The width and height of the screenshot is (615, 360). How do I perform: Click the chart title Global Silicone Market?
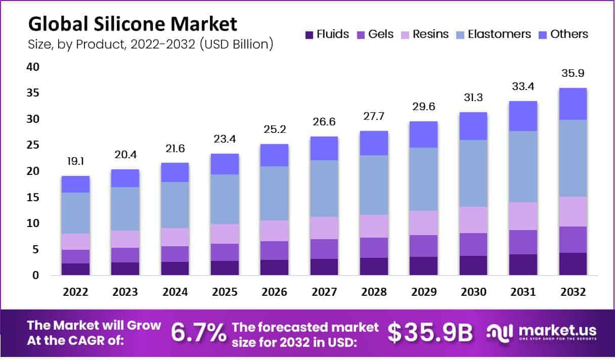click(x=132, y=24)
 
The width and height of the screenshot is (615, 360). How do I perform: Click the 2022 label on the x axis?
click(x=76, y=293)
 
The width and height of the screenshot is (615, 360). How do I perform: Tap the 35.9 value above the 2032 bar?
click(x=573, y=73)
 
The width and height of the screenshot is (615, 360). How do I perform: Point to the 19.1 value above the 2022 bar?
click(x=76, y=162)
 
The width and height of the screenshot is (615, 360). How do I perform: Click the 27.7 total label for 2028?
click(x=374, y=116)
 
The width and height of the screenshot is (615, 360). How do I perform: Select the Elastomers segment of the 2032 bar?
click(x=573, y=158)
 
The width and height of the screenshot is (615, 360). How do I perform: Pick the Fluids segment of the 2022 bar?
click(x=76, y=269)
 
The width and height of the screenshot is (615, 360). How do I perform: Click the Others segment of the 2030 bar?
click(x=473, y=126)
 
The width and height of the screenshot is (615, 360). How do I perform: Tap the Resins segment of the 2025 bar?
click(x=225, y=234)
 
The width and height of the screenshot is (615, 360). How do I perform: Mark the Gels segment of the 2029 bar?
click(x=424, y=246)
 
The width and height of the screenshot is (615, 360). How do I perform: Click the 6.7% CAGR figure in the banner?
click(x=199, y=333)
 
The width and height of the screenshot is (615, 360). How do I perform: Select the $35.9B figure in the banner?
click(x=430, y=333)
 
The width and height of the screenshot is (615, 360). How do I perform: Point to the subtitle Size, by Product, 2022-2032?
click(x=151, y=44)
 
